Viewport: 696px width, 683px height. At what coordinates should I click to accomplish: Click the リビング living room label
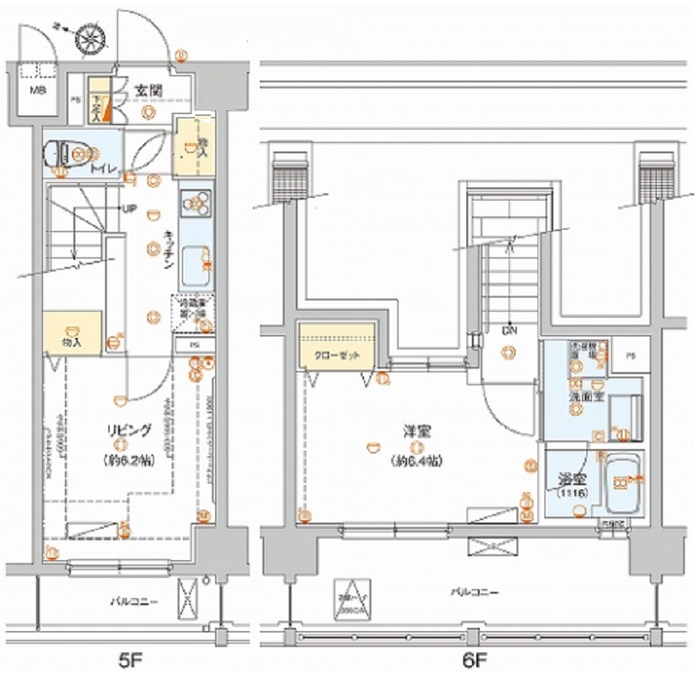128,430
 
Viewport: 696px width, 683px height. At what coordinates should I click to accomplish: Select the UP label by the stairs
128,208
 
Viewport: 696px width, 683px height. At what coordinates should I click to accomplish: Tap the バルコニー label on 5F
133,602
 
